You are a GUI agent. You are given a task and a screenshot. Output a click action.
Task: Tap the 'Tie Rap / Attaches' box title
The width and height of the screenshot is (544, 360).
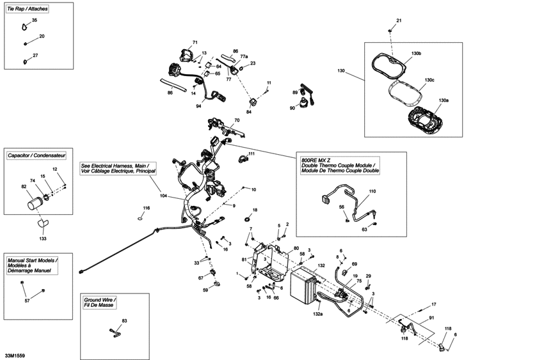coord(28,10)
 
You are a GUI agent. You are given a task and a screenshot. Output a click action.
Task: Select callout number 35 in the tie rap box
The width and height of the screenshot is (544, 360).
coord(35,20)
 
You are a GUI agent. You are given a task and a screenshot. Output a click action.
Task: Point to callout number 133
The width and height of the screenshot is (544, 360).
coord(43,239)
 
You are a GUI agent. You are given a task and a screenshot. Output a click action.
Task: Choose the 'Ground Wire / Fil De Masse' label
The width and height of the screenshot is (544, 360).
coord(100,302)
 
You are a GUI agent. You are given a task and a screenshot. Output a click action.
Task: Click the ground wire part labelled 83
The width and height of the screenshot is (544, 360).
coord(115,330)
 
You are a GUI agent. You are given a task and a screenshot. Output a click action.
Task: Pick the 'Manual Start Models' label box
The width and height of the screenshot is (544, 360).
coord(33,266)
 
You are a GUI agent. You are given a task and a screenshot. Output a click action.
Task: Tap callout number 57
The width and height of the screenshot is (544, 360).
coord(27,301)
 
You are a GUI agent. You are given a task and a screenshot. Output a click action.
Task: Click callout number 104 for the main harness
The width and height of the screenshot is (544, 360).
coord(163,196)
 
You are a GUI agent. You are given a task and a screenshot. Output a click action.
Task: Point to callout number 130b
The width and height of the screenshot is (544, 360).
coord(416,53)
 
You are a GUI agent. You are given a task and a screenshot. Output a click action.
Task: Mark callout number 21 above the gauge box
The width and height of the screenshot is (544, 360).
coord(399,21)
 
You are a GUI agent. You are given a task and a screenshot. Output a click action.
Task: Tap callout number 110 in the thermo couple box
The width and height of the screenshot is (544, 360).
coord(372,191)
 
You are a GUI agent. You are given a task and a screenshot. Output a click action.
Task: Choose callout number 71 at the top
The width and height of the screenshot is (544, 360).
coord(195,42)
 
